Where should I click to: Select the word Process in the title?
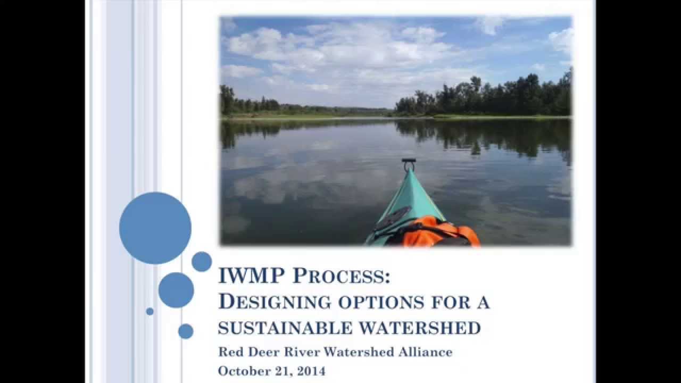tap(341, 276)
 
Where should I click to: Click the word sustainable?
tap(285, 328)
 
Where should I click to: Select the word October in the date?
tap(244, 371)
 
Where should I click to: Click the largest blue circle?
tap(155, 228)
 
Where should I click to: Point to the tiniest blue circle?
tap(150, 311)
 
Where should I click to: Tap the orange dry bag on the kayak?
tap(441, 232)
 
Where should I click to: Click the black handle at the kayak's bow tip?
tap(409, 160)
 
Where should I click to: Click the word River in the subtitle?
tap(302, 352)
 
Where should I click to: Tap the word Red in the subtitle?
tap(231, 352)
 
